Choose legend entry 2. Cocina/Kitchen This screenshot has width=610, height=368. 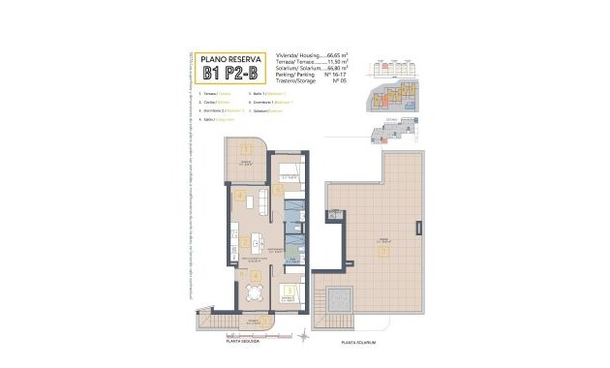(x=216, y=101)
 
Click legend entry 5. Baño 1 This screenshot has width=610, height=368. (x=265, y=92)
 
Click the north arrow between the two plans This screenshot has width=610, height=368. (x=309, y=336)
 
